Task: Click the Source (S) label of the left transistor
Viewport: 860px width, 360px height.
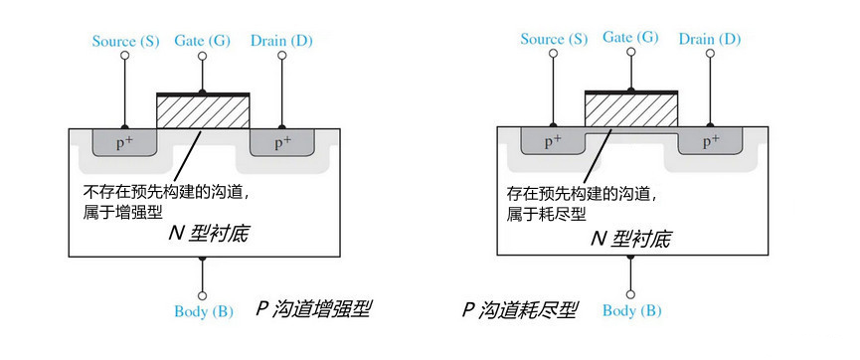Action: click(x=125, y=41)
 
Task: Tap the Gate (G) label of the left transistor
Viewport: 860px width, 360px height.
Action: click(x=203, y=41)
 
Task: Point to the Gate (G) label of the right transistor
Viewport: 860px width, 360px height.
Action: click(x=631, y=37)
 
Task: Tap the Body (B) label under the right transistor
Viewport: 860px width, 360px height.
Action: click(x=631, y=311)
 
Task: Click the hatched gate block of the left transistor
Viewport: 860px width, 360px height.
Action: click(x=203, y=112)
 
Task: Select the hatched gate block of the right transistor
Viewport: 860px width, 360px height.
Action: click(x=631, y=111)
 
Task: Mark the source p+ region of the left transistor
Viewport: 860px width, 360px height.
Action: click(x=122, y=142)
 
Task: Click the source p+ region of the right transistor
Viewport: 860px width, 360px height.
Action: click(x=553, y=142)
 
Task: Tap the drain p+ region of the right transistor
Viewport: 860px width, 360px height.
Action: click(x=710, y=142)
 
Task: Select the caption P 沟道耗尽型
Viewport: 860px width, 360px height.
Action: click(x=519, y=309)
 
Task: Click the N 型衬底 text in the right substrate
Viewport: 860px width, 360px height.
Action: click(x=631, y=239)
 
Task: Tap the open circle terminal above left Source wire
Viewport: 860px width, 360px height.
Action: click(x=124, y=57)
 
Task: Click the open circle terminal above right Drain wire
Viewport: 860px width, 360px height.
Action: click(x=711, y=56)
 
